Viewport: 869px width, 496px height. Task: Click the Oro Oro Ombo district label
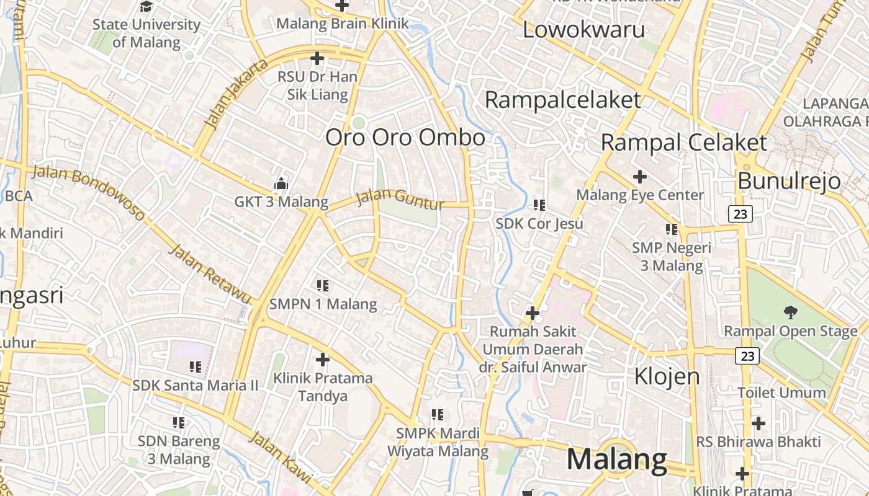(405, 137)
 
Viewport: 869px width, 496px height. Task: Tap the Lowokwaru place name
(583, 29)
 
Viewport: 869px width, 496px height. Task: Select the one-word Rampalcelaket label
(562, 100)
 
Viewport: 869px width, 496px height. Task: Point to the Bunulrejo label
(789, 181)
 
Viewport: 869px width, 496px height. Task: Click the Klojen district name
(667, 376)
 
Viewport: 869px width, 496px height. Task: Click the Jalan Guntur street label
(400, 200)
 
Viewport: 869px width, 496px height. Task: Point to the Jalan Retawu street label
(210, 273)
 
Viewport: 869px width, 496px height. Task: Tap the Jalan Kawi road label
(281, 457)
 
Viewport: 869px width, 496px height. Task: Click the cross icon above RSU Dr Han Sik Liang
(317, 59)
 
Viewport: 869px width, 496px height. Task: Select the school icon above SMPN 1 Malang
(322, 286)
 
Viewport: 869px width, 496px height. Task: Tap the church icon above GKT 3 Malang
(281, 184)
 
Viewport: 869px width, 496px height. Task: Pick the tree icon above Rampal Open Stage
(790, 312)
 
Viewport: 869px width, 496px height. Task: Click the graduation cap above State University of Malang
(146, 7)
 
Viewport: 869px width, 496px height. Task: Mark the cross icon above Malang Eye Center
(639, 177)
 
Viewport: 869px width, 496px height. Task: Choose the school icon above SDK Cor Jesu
(539, 205)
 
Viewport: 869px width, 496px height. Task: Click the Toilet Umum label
(781, 392)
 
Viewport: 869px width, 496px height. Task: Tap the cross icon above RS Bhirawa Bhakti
(758, 423)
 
